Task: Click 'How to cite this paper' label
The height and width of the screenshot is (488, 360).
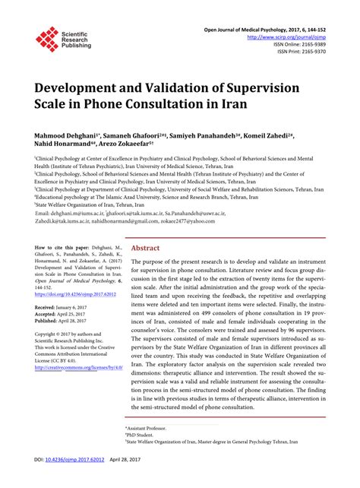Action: coord(62,248)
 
